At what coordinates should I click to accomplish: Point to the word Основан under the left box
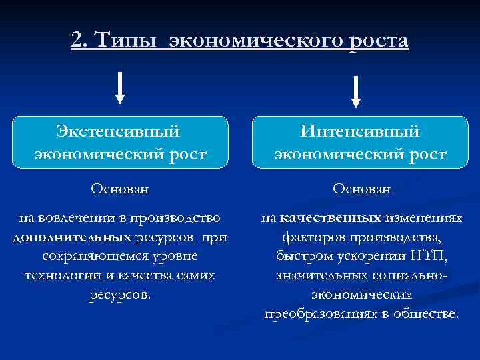tap(120, 189)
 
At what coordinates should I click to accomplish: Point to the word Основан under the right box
tap(361, 189)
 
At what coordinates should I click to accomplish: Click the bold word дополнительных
tap(72, 237)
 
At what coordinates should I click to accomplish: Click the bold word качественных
tap(331, 218)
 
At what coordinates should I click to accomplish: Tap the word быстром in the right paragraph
tap(297, 256)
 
